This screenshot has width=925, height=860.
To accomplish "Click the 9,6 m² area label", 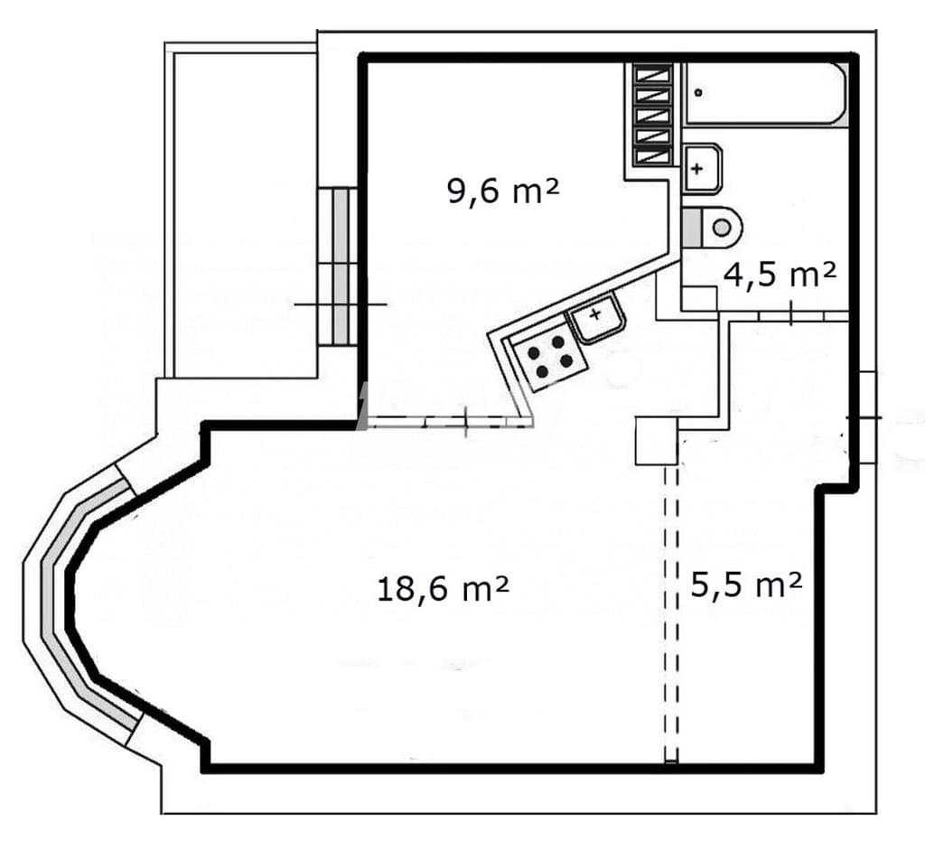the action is coord(503,192).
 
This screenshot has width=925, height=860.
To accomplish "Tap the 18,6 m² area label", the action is coord(443,589).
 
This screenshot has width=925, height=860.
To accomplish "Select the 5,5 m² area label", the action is coord(745,585).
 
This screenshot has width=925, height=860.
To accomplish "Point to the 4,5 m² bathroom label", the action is coord(780,275).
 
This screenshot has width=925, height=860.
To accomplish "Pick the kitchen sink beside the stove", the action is coord(596,319).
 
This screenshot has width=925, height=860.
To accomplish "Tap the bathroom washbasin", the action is coord(703,168).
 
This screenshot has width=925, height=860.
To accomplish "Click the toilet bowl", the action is coord(720,228).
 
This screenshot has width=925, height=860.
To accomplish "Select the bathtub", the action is coord(766,93).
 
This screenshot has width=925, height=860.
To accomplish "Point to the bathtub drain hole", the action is coord(699,92).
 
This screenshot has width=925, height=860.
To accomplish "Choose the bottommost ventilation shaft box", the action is coord(652,156).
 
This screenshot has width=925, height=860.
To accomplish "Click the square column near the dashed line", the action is coord(656,441).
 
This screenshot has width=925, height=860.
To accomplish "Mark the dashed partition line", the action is coord(671,613).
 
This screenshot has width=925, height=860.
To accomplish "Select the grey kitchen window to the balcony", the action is coord(341,266).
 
